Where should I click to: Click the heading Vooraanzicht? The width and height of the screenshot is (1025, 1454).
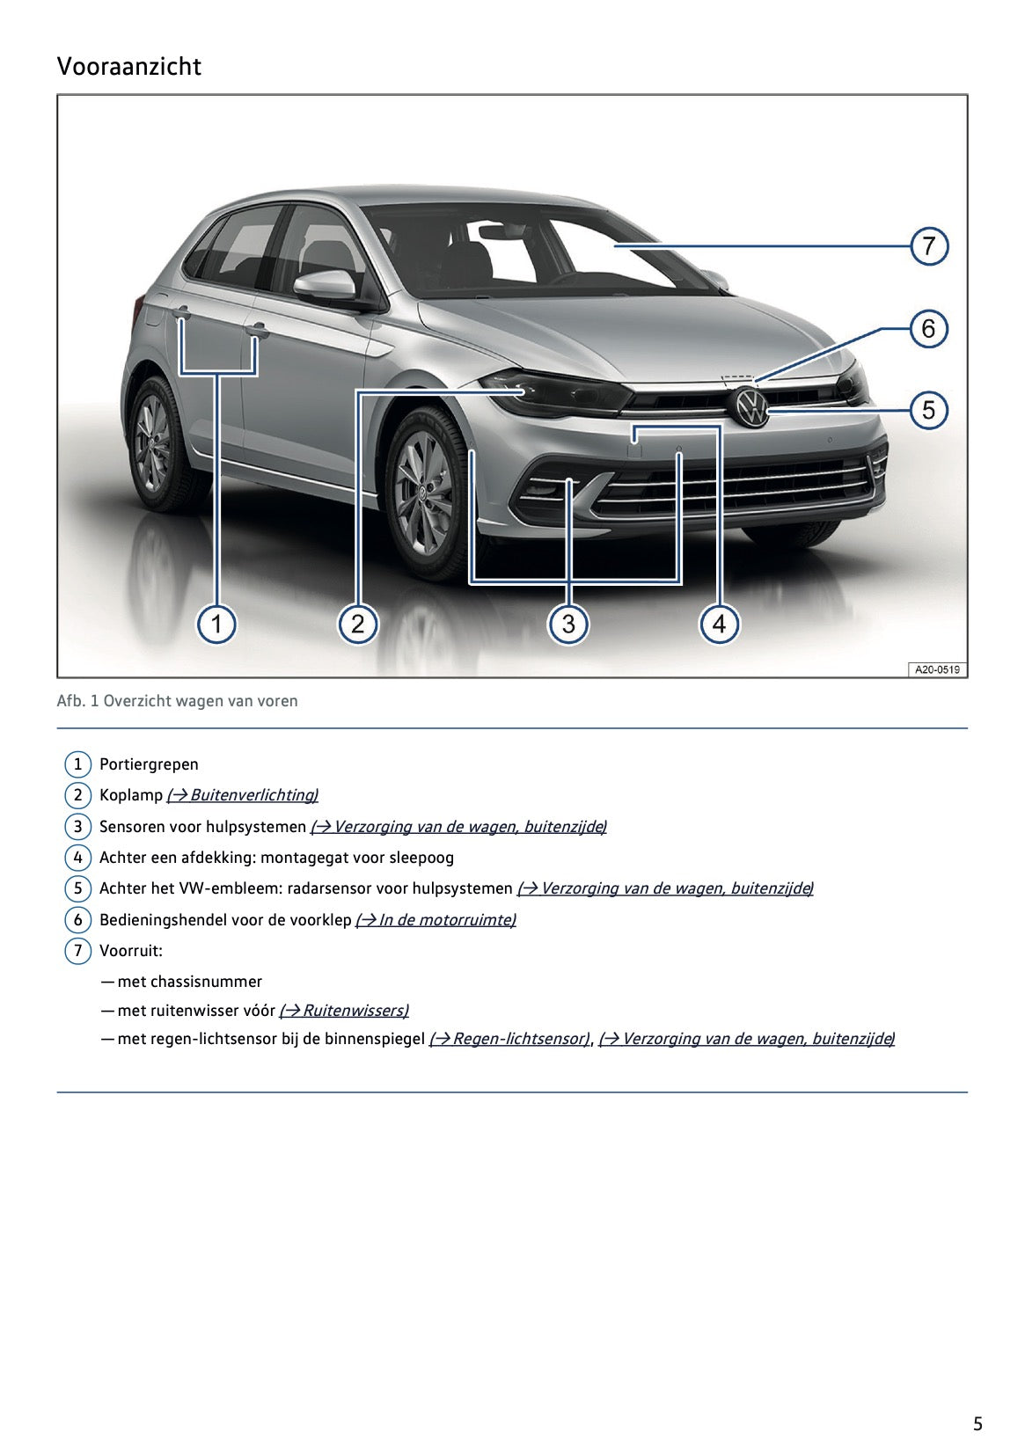(128, 67)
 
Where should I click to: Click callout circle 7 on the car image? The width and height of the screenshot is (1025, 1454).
(928, 246)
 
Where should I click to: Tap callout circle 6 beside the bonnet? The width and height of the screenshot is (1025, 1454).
(928, 329)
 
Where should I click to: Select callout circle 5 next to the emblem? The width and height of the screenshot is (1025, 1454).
(928, 410)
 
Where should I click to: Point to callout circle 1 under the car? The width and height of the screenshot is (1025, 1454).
(216, 625)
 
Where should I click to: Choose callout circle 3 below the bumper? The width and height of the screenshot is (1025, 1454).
(568, 625)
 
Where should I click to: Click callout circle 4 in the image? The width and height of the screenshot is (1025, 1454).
(719, 625)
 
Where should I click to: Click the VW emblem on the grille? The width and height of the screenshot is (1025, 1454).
(751, 408)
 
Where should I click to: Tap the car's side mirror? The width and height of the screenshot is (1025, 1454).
(326, 285)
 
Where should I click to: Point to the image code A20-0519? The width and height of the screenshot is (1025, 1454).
(936, 669)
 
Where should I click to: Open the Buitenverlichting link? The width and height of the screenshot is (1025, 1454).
(243, 795)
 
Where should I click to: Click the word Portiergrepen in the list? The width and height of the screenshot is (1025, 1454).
(149, 764)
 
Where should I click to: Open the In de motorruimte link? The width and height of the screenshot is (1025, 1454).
(436, 920)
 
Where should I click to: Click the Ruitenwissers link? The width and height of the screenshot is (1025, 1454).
(344, 1011)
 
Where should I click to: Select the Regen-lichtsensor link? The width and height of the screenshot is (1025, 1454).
(509, 1039)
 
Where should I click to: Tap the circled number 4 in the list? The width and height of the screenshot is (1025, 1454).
(77, 858)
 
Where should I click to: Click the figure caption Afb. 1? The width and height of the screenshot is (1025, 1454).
(177, 701)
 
